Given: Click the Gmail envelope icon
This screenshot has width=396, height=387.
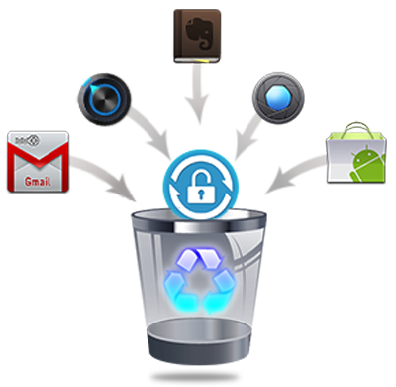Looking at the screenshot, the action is tap(38, 162).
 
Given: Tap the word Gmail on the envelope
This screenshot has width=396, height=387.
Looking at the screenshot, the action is tap(38, 181).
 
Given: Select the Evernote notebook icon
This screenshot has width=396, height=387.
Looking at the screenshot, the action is tap(197, 36).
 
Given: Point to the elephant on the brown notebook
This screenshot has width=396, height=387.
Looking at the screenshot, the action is tap(198, 32).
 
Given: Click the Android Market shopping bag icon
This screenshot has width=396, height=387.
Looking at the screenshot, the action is tap(356, 153).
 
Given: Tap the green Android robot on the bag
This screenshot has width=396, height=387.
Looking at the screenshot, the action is tap(368, 163).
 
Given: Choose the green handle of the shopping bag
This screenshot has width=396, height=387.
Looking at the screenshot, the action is tap(357, 130).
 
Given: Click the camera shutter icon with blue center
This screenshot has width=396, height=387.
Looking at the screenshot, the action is tap(278, 98).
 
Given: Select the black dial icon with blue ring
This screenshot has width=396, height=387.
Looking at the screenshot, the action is tap(104, 99).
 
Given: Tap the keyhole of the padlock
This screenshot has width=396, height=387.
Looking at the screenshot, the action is tap(201, 193).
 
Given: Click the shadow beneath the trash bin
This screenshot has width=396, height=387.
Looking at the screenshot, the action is tap(195, 377).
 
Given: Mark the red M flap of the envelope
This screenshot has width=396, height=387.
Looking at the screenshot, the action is tap(38, 158).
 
